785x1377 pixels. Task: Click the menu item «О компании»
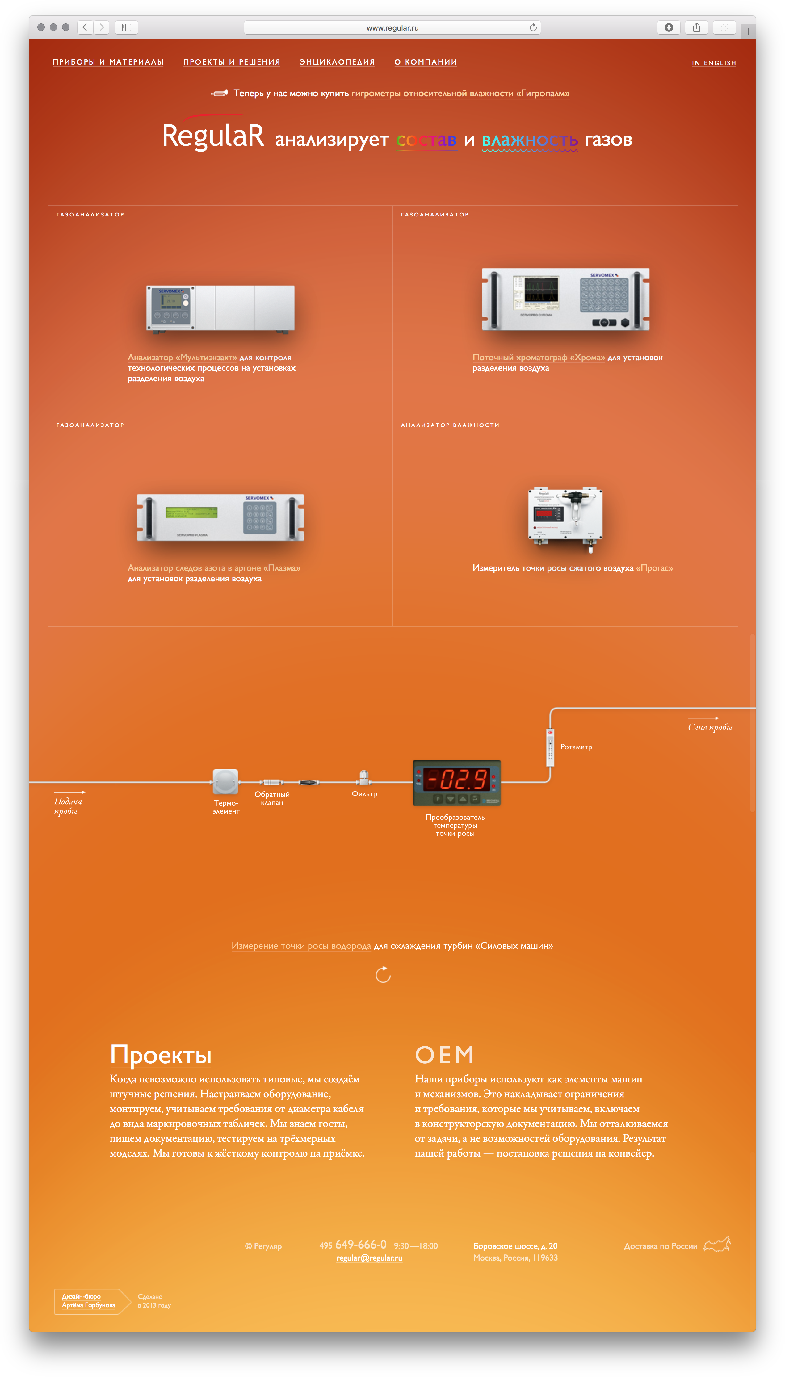[425, 62]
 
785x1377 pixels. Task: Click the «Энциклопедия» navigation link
[337, 62]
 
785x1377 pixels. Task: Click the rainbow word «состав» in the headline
[426, 140]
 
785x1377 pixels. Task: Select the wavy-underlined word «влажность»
[529, 140]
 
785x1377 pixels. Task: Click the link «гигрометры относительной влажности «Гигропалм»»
[460, 94]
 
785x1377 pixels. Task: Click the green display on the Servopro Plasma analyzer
[191, 512]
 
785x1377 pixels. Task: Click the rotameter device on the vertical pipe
[550, 747]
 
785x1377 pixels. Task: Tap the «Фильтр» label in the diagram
[364, 794]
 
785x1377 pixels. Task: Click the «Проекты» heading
[161, 1055]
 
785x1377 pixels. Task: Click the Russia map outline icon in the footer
[717, 1245]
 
